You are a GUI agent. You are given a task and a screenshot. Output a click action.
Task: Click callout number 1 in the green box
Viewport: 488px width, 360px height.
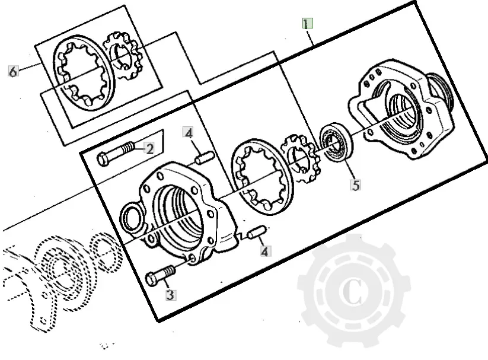coord(307,24)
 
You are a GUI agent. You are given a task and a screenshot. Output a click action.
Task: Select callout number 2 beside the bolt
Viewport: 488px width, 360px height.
coord(150,147)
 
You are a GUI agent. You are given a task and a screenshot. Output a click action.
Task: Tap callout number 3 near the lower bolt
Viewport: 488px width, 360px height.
coord(170,294)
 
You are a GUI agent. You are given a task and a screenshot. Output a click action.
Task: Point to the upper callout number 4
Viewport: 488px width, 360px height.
coord(188,132)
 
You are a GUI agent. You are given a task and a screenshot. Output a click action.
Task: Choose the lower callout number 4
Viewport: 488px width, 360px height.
coord(264,251)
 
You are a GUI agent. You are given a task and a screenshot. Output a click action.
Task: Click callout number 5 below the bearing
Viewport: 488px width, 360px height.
coord(355,184)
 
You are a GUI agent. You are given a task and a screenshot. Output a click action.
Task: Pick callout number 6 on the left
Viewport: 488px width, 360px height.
coord(13,71)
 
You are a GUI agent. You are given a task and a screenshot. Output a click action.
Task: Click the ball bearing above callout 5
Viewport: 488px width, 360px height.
coord(336,142)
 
